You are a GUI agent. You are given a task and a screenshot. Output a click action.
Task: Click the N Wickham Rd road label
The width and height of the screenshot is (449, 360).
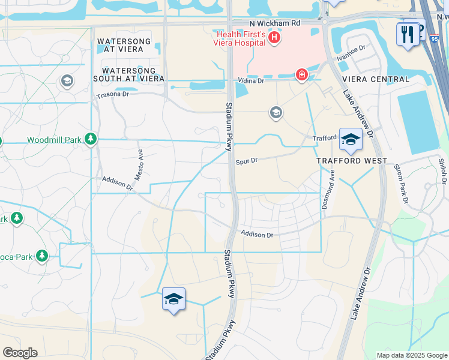(275, 23)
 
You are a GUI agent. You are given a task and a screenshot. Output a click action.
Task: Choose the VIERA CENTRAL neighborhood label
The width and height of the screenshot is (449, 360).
(375, 79)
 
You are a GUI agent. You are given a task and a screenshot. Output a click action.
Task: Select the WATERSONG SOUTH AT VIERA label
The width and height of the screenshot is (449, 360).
(129, 74)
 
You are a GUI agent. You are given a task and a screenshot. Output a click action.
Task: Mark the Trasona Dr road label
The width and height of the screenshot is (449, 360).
(113, 95)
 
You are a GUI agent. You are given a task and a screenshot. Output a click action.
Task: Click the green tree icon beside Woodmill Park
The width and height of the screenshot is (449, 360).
(91, 139)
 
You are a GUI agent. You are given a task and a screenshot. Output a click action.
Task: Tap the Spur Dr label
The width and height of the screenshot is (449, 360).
(246, 161)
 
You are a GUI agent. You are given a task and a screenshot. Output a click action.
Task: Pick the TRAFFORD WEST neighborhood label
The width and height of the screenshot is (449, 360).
(352, 161)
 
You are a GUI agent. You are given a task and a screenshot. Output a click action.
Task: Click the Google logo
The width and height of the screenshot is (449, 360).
(20, 353)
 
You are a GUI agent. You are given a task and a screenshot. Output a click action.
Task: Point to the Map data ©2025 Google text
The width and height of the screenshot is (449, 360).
(411, 355)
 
